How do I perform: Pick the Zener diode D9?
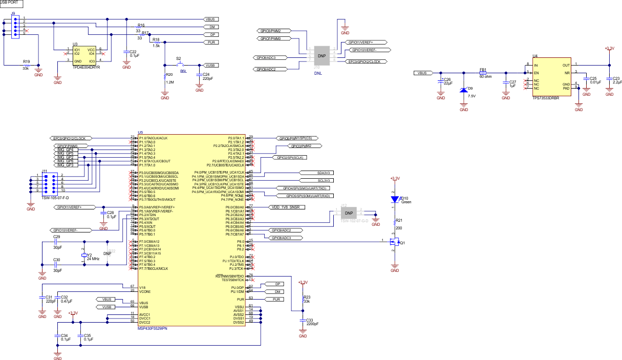tap(464, 89)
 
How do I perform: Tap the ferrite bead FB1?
tap(482, 73)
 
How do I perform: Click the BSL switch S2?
tap(180, 65)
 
